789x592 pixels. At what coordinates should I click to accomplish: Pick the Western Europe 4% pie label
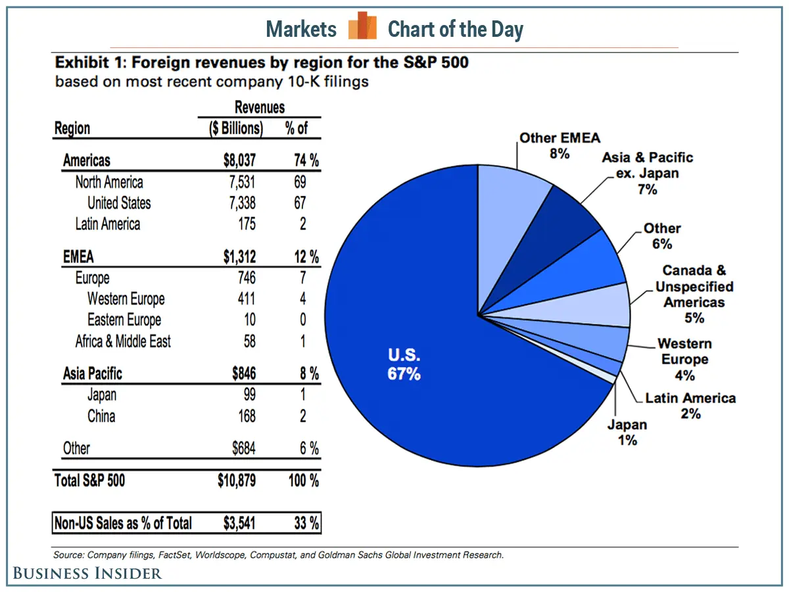[x=684, y=359]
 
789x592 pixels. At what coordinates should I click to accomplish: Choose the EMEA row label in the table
[x=78, y=257]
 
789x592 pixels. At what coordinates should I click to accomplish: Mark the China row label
[x=101, y=416]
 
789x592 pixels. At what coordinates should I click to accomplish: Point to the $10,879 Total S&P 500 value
[x=237, y=481]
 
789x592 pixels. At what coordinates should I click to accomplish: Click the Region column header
[x=72, y=128]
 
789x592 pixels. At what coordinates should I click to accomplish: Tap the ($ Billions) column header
[x=236, y=128]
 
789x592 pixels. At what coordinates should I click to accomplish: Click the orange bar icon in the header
[x=362, y=26]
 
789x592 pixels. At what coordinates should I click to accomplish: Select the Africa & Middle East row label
[x=123, y=341]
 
